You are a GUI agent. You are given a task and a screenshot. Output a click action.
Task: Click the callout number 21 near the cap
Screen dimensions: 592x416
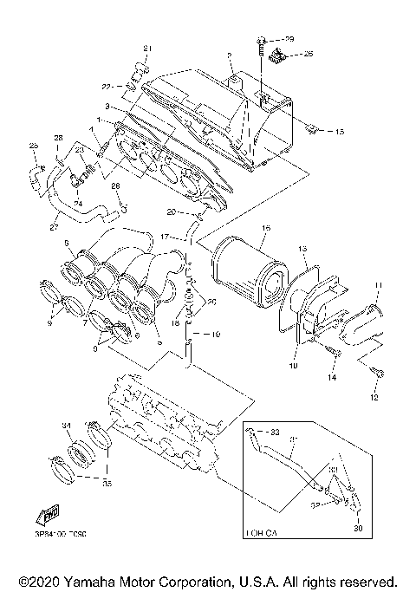click(146, 46)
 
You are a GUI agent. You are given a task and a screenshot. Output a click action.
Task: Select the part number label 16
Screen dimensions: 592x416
click(266, 227)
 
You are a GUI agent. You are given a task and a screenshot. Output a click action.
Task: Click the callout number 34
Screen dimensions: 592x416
click(65, 426)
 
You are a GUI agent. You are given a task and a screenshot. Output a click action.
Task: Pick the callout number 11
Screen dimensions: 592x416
click(377, 284)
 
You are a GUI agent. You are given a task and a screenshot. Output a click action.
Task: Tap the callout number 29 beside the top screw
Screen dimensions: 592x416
click(289, 40)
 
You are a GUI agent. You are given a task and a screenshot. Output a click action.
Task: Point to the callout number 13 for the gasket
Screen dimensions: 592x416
click(303, 248)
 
